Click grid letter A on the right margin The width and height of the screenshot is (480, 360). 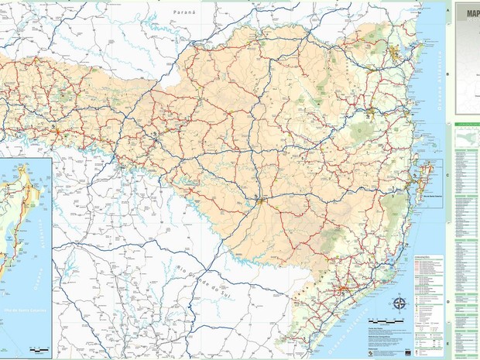(447, 9)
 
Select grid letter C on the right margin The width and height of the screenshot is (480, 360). (447, 173)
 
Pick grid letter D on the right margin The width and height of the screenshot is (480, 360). (447, 302)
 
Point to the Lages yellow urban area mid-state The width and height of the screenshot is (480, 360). (262, 201)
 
